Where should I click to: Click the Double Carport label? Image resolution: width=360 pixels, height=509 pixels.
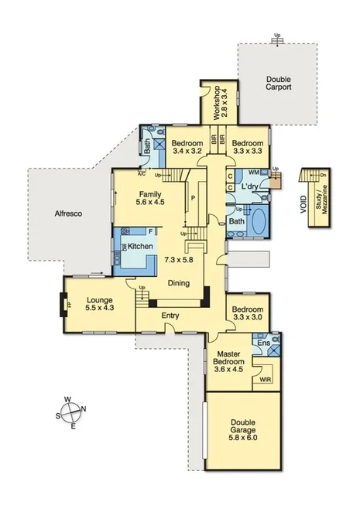click(278, 84)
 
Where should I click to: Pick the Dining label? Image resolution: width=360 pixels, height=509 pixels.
click(179, 283)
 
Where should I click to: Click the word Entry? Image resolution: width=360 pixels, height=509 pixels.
click(170, 316)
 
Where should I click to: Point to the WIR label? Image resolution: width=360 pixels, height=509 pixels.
click(266, 379)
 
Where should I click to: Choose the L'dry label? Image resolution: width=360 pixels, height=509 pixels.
click(249, 188)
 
